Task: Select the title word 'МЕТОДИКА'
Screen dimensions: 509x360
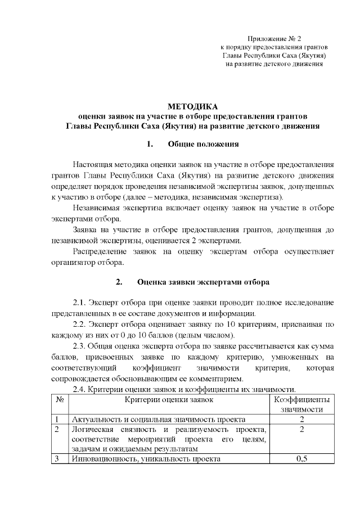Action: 192,106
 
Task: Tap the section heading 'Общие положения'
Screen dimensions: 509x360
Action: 204,144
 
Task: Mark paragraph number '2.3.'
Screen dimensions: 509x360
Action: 82,346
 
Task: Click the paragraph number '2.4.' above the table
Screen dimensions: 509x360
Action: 82,389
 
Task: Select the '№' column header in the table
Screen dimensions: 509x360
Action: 59,400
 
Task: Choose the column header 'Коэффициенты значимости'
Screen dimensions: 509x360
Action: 302,404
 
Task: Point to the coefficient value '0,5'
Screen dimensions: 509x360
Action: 302,459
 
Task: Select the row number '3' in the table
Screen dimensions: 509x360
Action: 57,459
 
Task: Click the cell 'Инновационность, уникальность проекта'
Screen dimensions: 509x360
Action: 145,459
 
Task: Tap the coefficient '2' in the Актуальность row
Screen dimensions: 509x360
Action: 302,420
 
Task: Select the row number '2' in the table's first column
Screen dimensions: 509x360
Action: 57,430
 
